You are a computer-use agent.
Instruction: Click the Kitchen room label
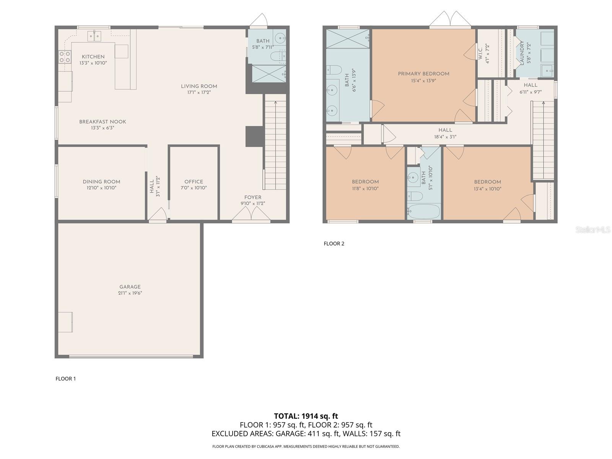click(x=93, y=57)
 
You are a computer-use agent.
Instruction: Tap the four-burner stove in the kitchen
click(x=65, y=57)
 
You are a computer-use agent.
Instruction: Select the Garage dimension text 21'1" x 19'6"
click(x=130, y=293)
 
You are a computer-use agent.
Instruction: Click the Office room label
click(x=194, y=182)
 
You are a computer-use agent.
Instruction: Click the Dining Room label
click(x=101, y=182)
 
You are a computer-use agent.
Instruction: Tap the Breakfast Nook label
click(x=103, y=122)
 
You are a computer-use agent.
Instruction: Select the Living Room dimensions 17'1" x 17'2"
click(x=199, y=92)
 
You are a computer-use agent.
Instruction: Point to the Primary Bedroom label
click(x=423, y=74)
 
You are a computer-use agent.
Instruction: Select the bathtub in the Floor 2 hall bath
click(x=423, y=211)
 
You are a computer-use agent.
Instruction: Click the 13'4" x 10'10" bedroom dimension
click(x=487, y=189)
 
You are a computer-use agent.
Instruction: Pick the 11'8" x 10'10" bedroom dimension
click(x=365, y=189)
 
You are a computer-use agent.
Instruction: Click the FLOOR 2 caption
click(x=334, y=244)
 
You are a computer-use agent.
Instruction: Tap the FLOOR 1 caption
click(x=66, y=379)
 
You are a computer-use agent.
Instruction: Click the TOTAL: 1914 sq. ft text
click(x=306, y=416)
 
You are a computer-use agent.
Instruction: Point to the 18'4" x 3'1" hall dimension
click(x=445, y=137)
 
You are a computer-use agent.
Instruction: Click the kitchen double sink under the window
click(x=94, y=36)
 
